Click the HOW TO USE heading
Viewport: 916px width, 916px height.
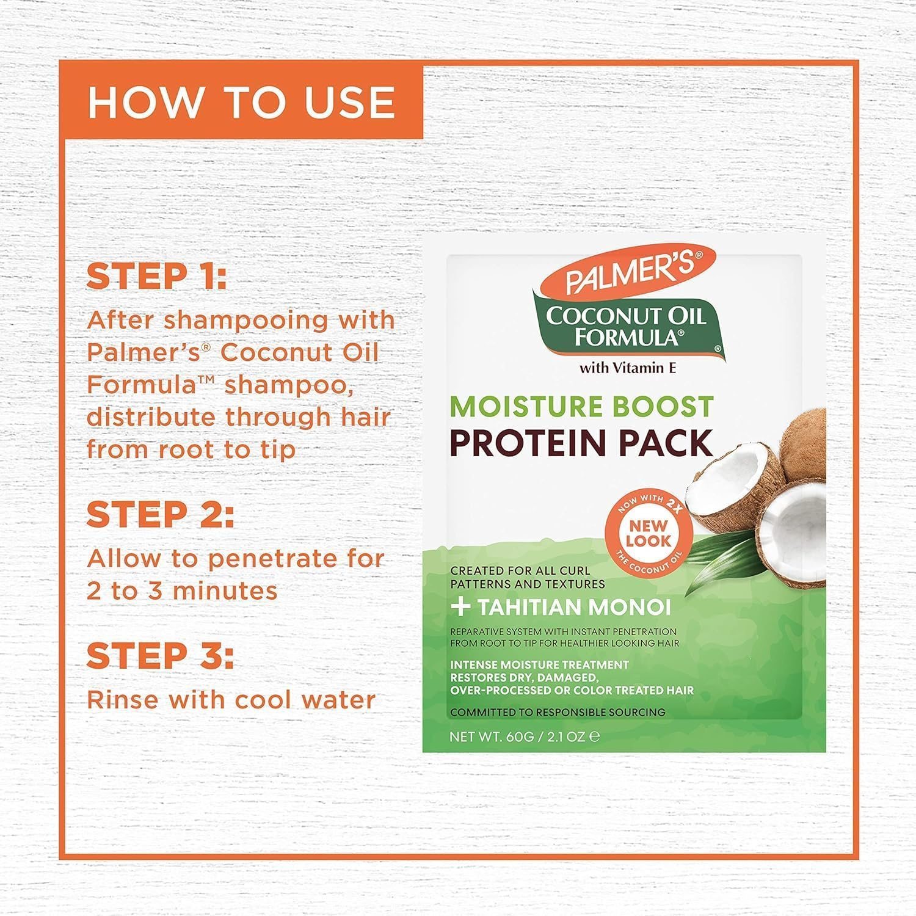(241, 103)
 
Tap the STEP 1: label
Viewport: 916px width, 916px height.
(157, 276)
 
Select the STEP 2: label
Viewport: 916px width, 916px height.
(160, 515)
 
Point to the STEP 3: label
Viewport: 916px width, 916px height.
(160, 656)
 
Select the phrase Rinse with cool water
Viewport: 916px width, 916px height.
(231, 700)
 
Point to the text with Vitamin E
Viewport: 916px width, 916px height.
(627, 368)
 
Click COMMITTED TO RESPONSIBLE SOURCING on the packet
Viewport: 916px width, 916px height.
(558, 712)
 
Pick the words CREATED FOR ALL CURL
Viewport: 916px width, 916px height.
(520, 570)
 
